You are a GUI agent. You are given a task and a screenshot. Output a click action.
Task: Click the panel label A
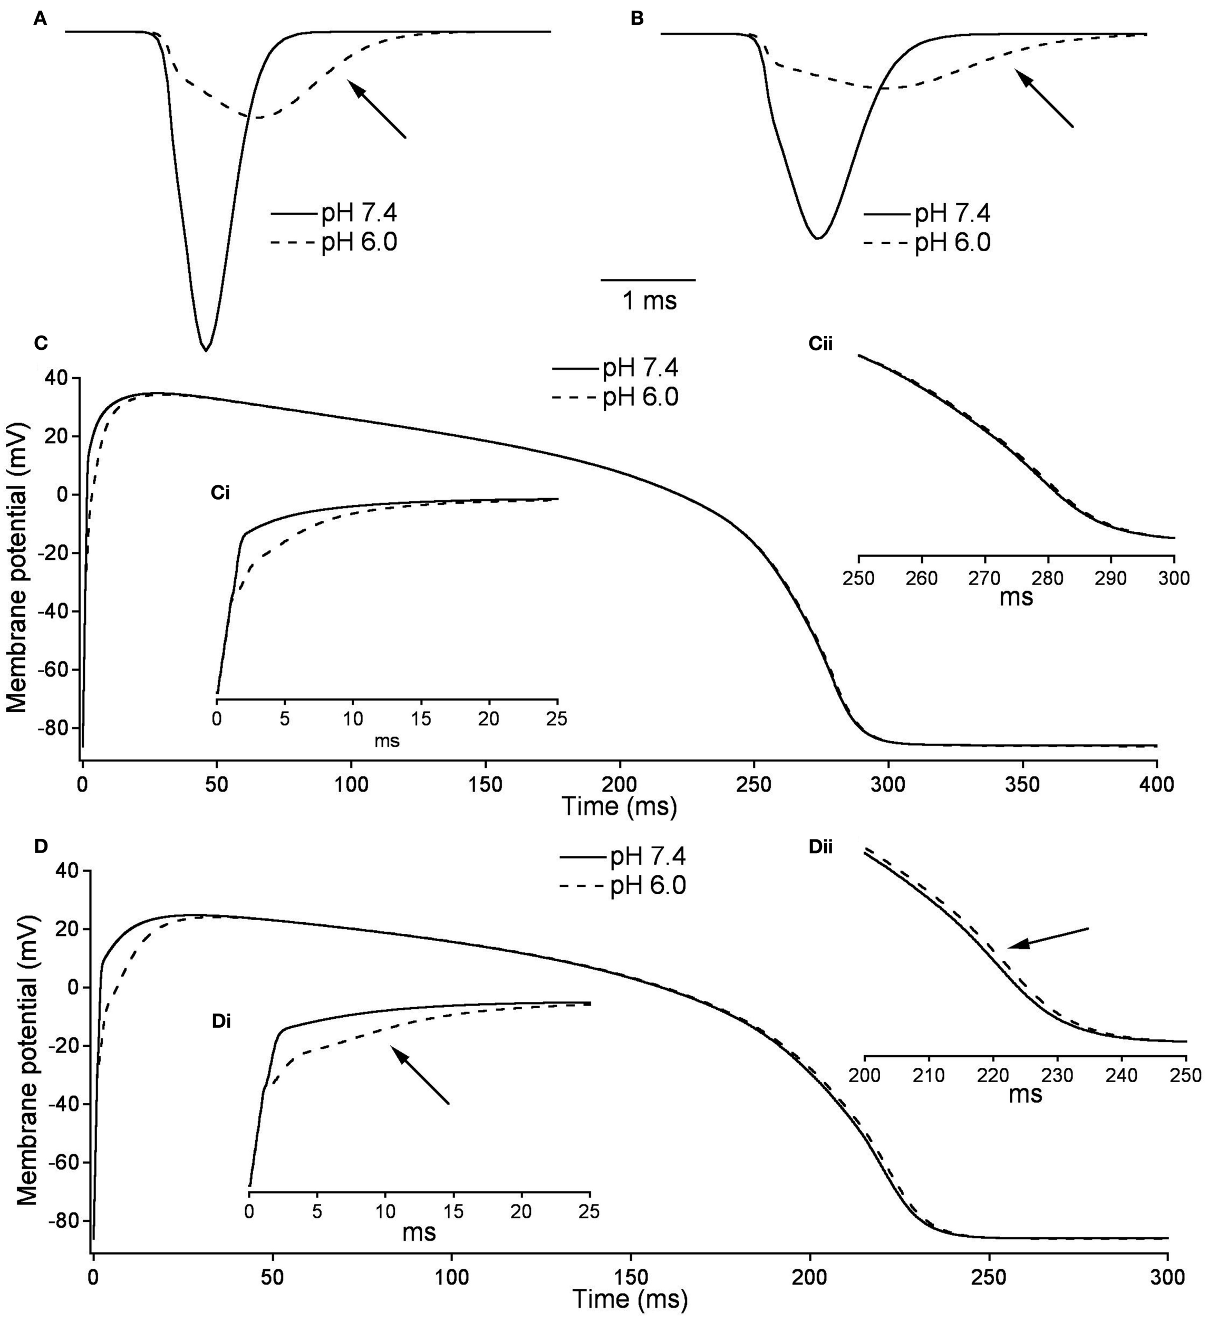pos(41,20)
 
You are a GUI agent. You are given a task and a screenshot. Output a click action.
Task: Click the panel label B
pos(636,20)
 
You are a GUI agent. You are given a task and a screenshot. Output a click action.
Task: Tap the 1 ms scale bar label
pos(649,300)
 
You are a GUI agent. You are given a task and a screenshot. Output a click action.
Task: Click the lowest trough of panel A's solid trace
pos(206,349)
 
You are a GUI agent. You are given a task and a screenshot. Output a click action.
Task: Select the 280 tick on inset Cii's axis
pos(1048,578)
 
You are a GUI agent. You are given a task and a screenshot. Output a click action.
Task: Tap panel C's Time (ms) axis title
pos(619,807)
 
